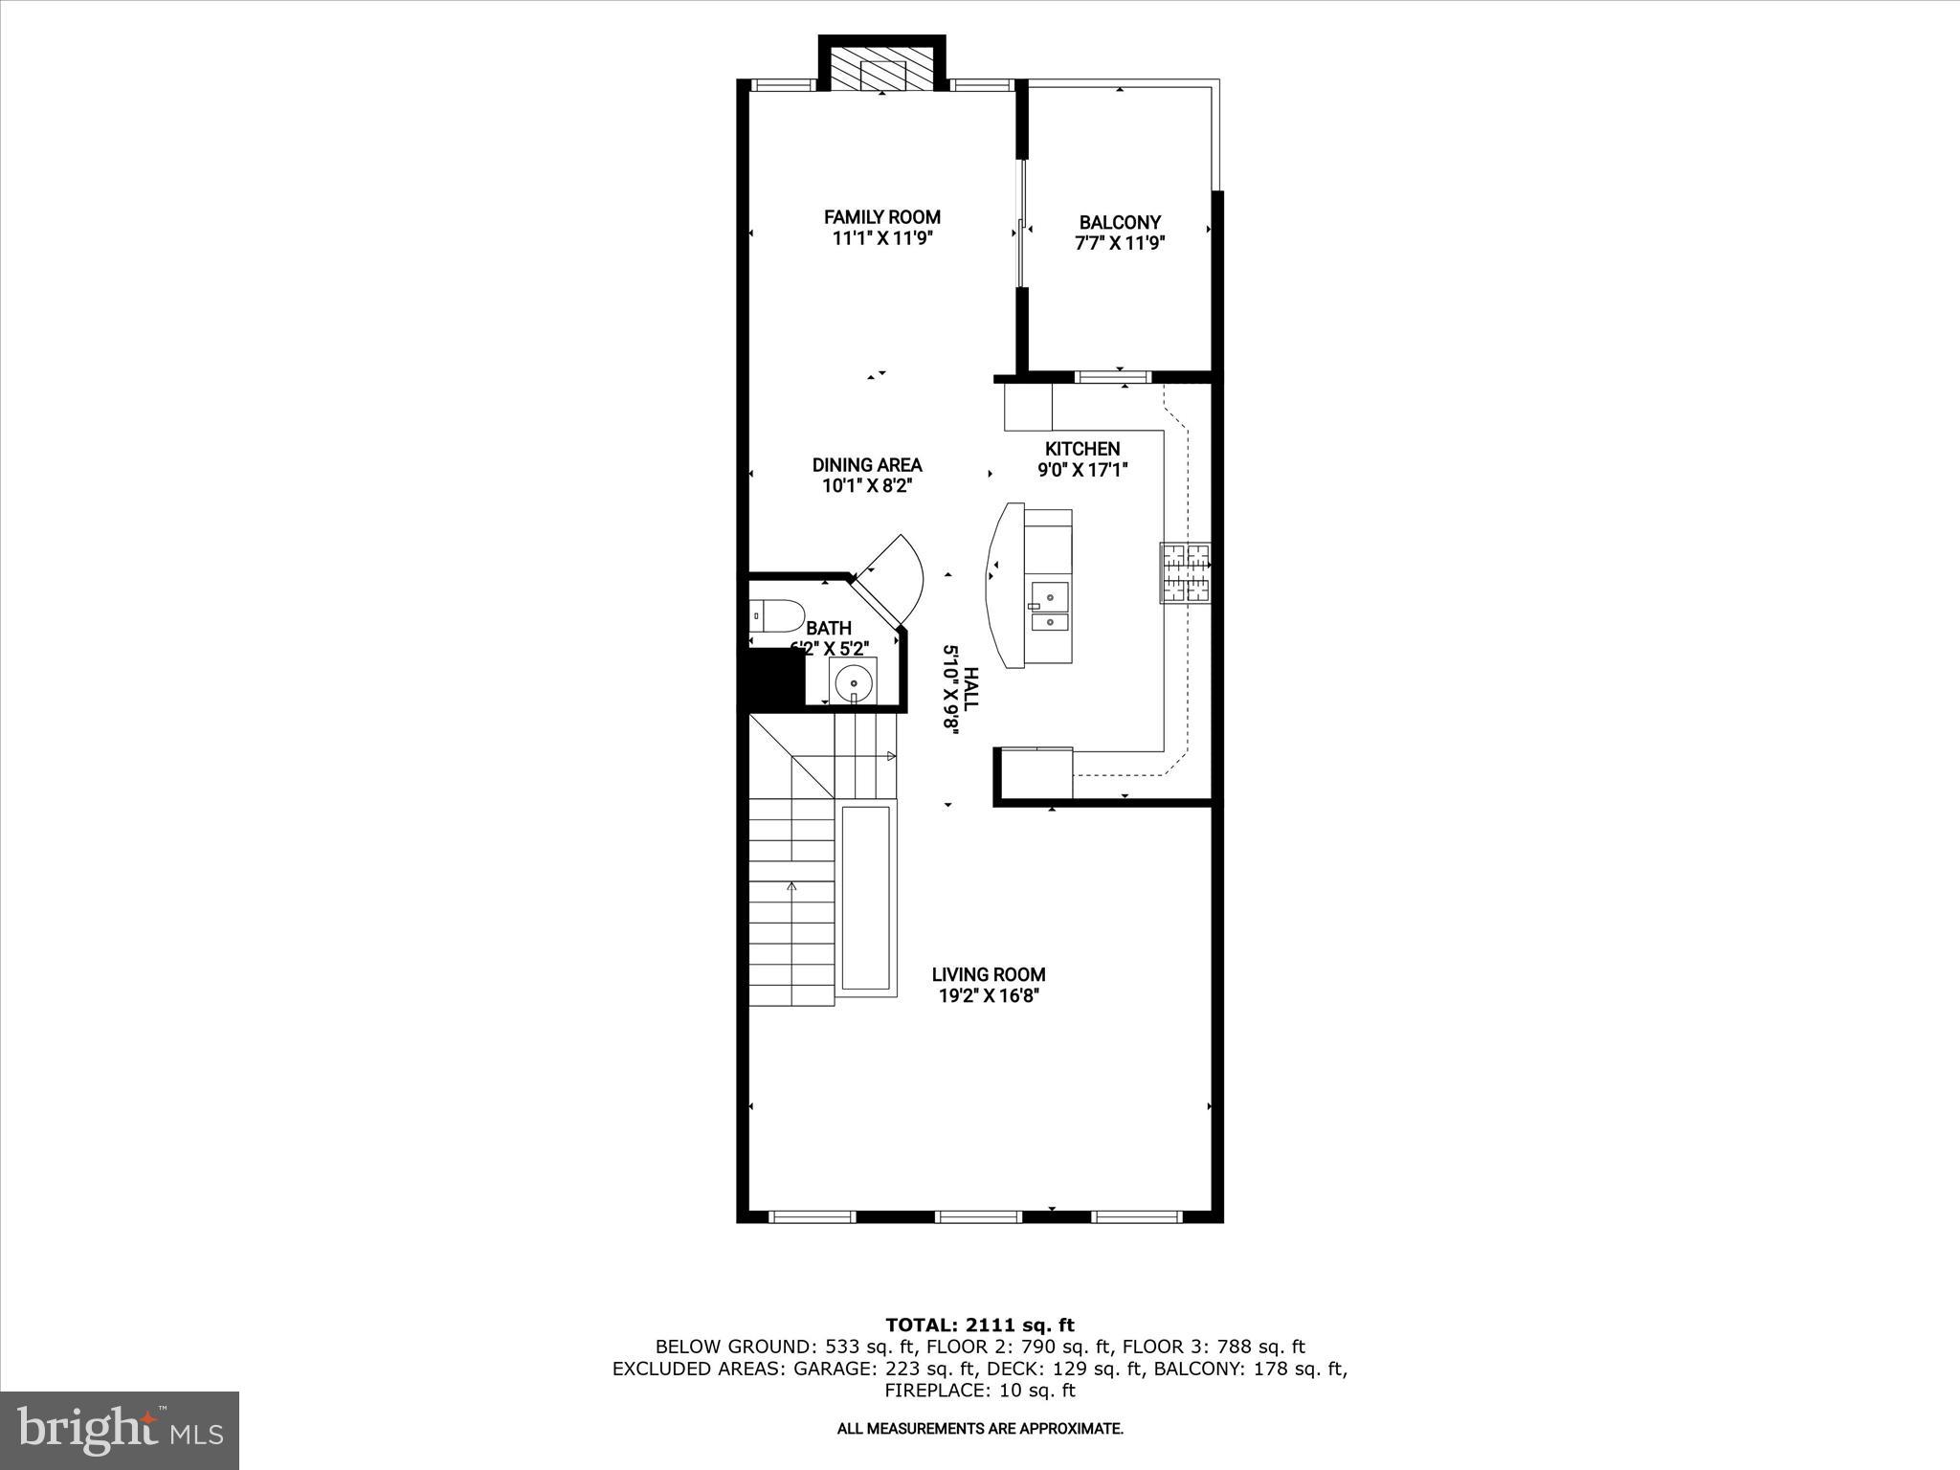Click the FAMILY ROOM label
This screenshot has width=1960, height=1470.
[881, 217]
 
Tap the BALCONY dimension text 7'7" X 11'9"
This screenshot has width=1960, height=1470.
[1119, 243]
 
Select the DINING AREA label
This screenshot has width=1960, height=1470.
[867, 465]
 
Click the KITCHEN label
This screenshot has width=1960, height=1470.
[1082, 449]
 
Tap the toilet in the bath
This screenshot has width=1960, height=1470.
[776, 616]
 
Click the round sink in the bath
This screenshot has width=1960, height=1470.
[852, 684]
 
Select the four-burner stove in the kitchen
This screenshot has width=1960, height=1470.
[1186, 572]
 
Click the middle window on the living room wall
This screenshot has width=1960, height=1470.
[978, 1216]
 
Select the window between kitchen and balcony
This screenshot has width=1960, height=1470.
[1113, 377]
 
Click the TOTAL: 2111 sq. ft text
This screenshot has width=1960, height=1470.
[979, 1325]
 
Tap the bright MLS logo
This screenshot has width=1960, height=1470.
[119, 1430]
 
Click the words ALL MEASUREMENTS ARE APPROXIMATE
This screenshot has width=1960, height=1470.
[979, 1429]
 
